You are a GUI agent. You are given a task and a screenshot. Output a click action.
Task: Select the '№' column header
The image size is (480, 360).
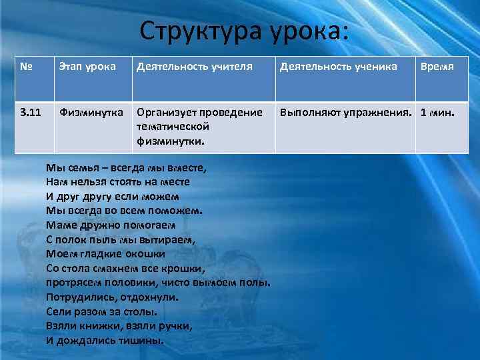tap(27, 67)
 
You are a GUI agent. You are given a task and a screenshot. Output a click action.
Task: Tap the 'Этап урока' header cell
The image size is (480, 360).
tap(87, 67)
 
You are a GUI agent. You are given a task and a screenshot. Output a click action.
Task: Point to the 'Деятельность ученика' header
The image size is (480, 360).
tap(339, 67)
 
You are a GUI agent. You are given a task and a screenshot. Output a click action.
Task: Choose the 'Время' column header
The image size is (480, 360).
tap(437, 67)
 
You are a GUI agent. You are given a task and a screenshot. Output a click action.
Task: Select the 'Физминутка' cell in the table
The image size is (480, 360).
tap(91, 113)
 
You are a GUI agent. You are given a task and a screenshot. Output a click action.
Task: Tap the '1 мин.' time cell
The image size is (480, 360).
tap(437, 113)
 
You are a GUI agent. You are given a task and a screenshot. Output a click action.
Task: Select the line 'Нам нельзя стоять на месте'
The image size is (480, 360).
tap(118, 181)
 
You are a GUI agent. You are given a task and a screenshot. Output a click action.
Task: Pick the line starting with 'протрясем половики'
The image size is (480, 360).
tap(158, 282)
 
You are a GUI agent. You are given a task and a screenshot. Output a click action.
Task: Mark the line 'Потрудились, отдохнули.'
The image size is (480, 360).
tap(113, 297)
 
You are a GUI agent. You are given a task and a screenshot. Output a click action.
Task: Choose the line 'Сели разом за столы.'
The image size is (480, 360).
tap(102, 311)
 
